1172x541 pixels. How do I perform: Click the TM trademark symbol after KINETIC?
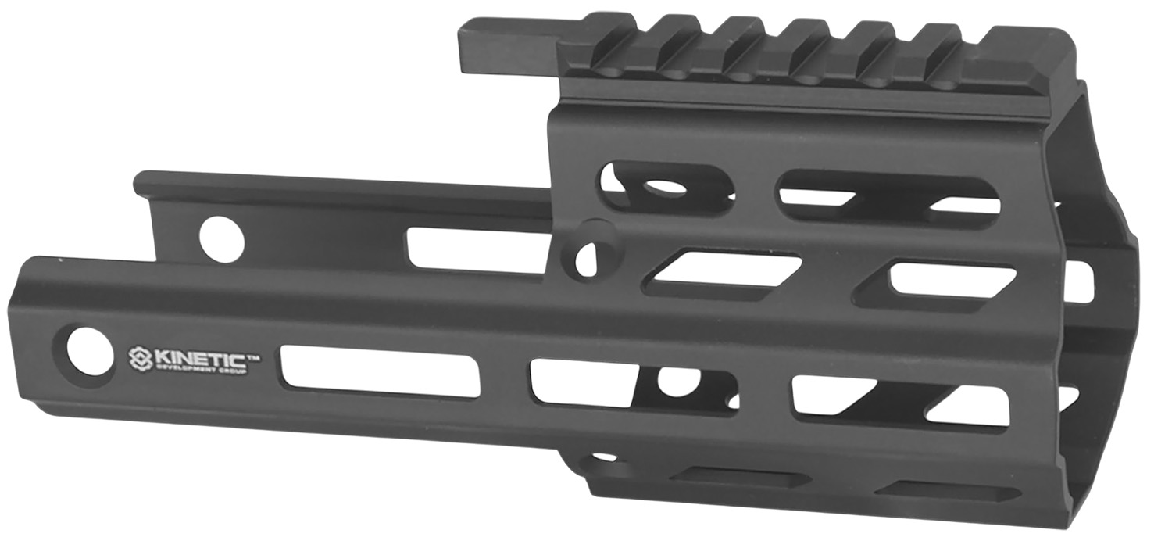point(254,356)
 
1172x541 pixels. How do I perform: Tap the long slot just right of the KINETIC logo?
point(380,371)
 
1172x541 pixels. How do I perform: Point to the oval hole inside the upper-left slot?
point(658,187)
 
